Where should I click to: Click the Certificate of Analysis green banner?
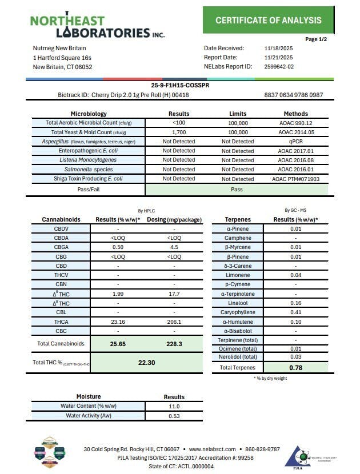(x=268, y=21)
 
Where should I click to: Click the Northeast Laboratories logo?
(x=97, y=26)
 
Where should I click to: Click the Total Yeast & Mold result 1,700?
(x=179, y=132)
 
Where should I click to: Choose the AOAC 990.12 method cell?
(x=295, y=123)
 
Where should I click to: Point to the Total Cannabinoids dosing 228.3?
(x=174, y=344)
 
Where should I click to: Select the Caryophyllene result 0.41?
(x=295, y=312)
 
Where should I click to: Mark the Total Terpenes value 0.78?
(x=295, y=368)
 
